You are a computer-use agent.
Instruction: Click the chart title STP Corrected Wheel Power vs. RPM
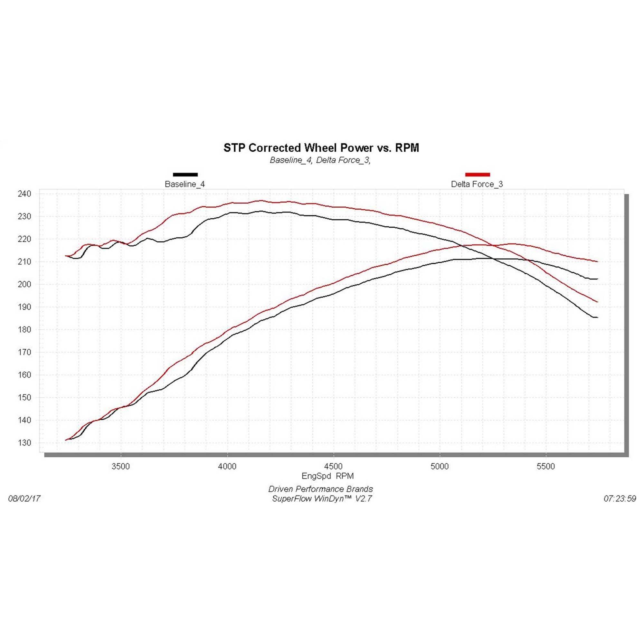coord(321,148)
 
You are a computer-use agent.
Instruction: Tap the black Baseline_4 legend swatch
coord(185,174)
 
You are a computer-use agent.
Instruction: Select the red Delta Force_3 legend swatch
coord(477,174)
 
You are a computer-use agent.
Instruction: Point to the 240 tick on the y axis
coord(24,194)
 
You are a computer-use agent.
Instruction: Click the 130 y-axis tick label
coord(24,443)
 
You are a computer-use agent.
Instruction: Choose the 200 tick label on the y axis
coord(24,284)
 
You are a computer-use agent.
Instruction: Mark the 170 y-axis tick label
coord(24,352)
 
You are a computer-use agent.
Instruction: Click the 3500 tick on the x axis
coord(121,466)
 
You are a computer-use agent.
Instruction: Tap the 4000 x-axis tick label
coord(227,466)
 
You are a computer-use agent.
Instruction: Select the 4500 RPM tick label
coord(333,466)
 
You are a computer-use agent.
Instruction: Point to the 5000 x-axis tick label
coord(440,466)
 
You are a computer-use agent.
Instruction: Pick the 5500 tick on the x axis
coord(546,466)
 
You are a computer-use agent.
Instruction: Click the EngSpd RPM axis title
coord(327,476)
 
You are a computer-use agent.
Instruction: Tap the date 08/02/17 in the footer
coord(24,499)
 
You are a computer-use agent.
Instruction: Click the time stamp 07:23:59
coord(620,499)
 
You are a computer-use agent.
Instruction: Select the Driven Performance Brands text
coord(320,489)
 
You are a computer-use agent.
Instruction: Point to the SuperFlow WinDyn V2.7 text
coord(322,499)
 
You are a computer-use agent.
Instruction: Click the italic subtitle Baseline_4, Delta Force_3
coord(320,160)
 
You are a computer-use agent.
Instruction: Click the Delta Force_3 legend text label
coord(477,184)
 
